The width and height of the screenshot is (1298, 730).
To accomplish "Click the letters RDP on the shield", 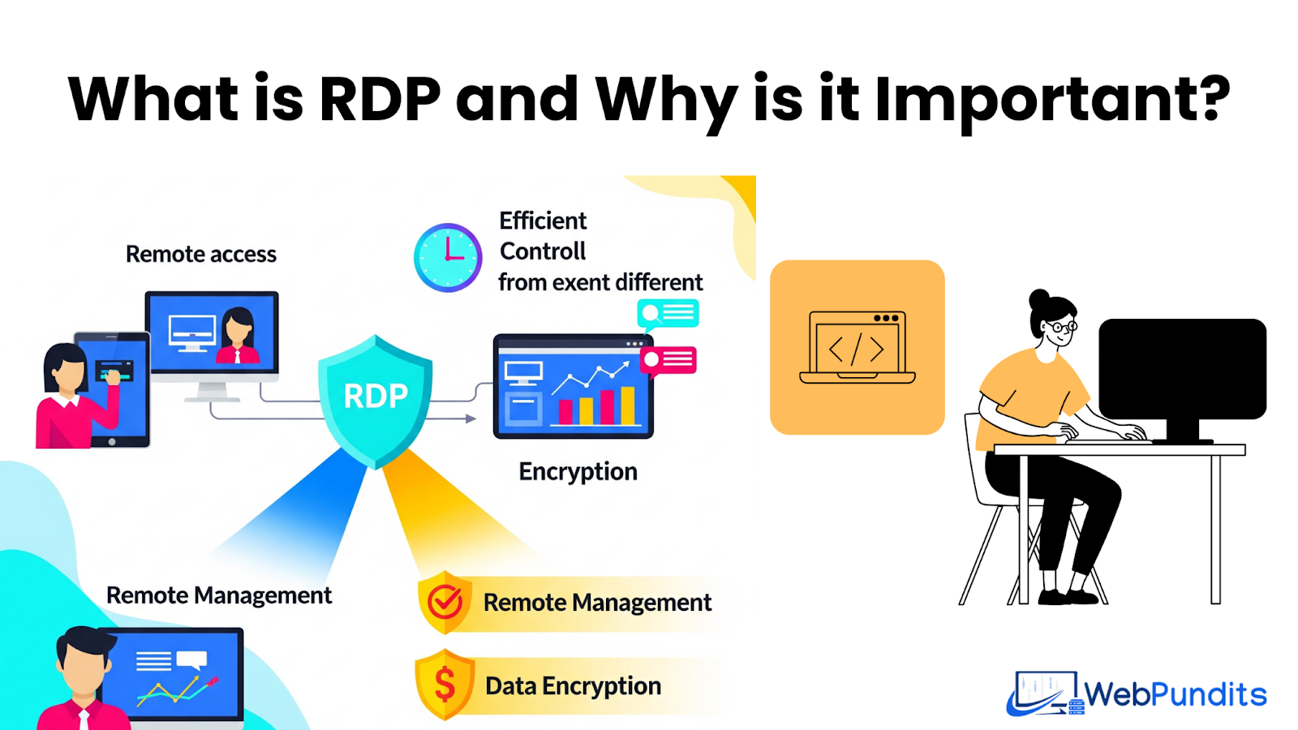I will [376, 396].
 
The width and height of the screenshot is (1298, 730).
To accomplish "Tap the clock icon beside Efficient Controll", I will [448, 257].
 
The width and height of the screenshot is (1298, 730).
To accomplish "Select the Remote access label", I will [201, 254].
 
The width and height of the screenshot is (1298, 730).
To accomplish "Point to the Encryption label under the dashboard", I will [578, 471].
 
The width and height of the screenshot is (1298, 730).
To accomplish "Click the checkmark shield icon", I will [445, 603].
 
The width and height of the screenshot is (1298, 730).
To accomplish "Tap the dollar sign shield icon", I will [445, 685].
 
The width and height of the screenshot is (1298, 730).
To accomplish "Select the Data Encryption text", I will [573, 686].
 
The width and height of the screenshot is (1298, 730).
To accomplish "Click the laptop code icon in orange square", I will [857, 348].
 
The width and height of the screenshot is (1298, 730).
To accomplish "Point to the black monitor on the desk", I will [1182, 369].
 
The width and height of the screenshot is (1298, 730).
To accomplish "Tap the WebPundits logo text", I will [1175, 694].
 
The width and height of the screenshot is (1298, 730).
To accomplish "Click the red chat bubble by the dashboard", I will [668, 359].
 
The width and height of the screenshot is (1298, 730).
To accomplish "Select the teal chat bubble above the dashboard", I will [668, 313].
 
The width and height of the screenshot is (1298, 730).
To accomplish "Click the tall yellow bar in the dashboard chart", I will [627, 406].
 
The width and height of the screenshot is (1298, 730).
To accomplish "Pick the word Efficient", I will [543, 221].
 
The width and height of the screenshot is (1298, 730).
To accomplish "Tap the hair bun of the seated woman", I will [1038, 298].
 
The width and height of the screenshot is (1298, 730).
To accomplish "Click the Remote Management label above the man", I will [219, 595].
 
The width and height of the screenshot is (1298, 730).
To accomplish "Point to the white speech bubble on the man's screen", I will [191, 659].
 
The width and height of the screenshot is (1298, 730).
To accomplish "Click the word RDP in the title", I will [380, 99].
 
